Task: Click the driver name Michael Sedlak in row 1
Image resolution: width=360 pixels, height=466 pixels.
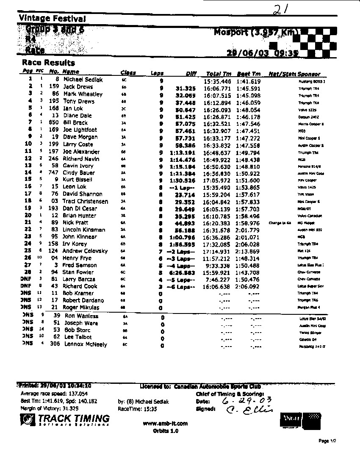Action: tap(83, 80)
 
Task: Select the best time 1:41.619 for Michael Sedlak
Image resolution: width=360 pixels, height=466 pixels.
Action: tap(248, 80)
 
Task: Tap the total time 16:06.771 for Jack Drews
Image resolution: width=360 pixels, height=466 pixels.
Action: tap(218, 87)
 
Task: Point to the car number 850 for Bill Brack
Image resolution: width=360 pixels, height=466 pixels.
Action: tap(53, 123)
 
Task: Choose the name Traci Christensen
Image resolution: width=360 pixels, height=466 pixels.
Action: tap(86, 201)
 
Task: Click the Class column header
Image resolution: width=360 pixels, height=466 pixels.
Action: tap(128, 73)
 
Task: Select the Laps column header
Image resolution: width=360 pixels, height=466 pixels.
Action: tap(157, 73)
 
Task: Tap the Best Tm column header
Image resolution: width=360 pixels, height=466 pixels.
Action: tap(248, 73)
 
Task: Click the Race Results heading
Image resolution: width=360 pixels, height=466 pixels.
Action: tap(48, 63)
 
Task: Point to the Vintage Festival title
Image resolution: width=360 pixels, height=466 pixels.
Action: tap(52, 18)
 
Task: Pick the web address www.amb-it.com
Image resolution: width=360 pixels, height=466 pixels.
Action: tap(165, 423)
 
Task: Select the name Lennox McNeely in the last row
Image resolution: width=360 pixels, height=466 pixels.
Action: tap(85, 344)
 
